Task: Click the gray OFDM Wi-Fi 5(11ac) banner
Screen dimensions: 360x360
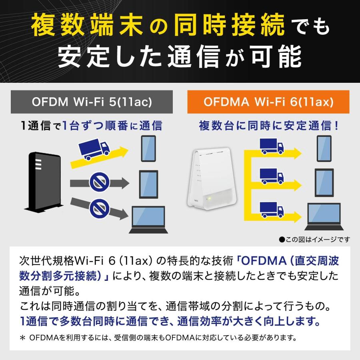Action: click(92, 102)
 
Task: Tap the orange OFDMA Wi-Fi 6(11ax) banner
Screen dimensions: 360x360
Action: click(268, 102)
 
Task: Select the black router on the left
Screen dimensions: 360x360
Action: click(44, 182)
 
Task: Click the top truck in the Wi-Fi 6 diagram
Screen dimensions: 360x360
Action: click(272, 146)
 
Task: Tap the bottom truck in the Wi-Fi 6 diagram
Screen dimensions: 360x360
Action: click(272, 209)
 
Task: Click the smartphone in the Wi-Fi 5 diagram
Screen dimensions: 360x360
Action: click(148, 148)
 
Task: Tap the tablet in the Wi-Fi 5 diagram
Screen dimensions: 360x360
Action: click(148, 184)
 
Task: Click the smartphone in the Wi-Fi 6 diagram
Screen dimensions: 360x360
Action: click(324, 148)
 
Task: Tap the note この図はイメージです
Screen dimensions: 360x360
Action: click(314, 240)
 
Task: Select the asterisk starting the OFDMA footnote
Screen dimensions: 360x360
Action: click(22, 338)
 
